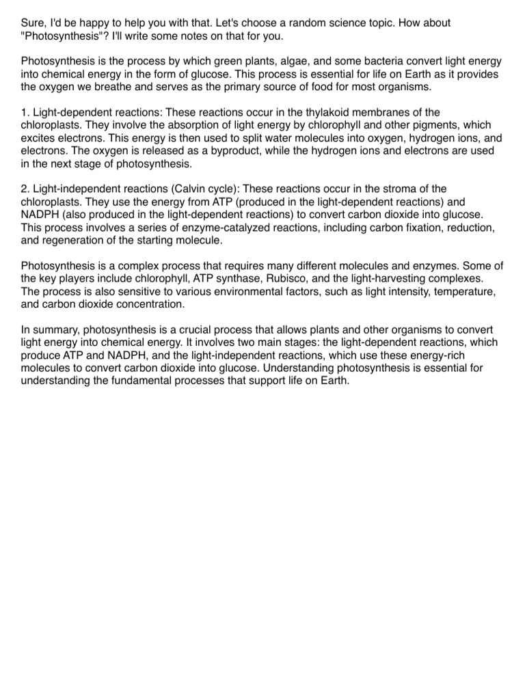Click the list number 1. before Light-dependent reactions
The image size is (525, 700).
[x=25, y=112]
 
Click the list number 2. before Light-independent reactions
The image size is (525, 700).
[x=25, y=189]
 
